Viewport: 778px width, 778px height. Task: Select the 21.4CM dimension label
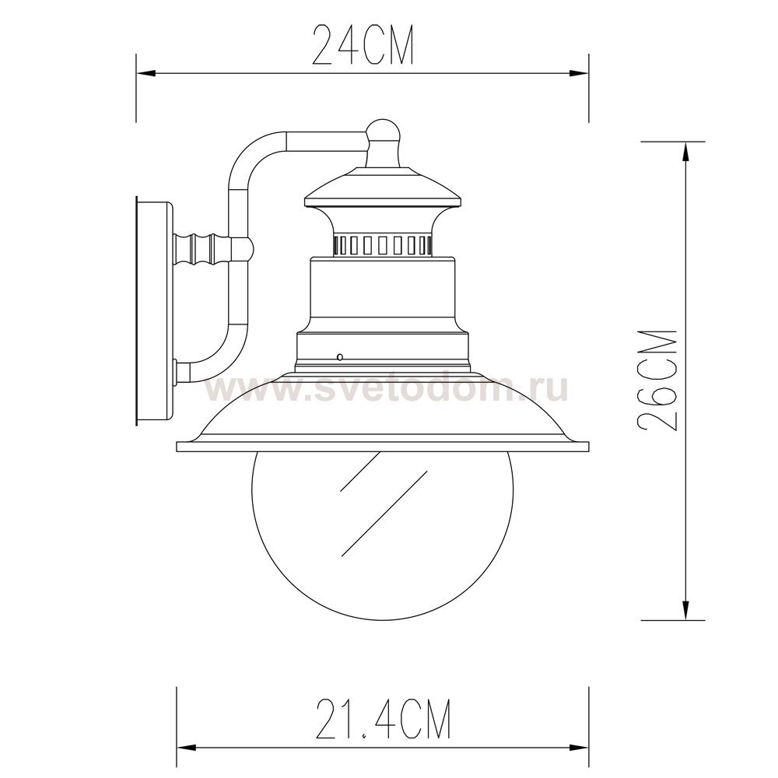point(383,720)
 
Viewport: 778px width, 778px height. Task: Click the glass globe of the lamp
point(382,536)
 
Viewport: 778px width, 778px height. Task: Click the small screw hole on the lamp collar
point(339,357)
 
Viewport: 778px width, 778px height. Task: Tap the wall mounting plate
point(154,311)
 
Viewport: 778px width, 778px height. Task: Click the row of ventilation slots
point(383,245)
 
